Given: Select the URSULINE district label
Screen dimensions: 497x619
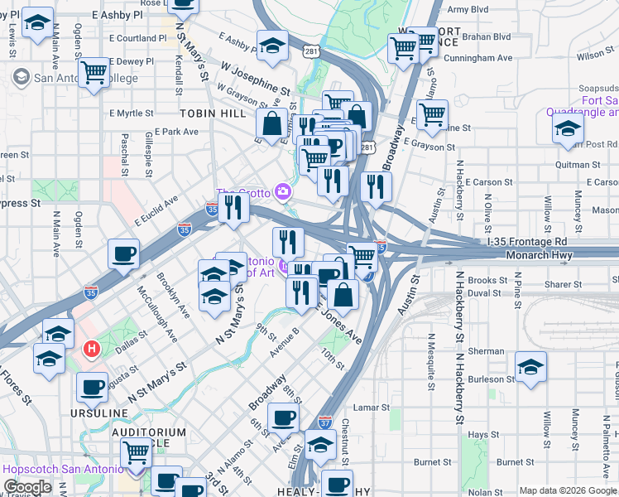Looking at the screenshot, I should click(98, 413).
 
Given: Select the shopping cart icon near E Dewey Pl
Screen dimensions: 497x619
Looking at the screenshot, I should click(94, 72).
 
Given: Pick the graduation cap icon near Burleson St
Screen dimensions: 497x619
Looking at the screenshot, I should click(530, 365).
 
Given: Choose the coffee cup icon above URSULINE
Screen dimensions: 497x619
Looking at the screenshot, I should click(92, 385).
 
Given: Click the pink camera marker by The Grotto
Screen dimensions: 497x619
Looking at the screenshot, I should click(283, 192).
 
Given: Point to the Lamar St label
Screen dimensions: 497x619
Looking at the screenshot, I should click(371, 408).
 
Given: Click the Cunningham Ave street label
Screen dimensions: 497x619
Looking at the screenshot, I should click(478, 58).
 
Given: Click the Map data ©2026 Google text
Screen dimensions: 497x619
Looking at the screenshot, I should click(567, 490).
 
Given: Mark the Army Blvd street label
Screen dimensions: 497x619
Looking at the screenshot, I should click(468, 10).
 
